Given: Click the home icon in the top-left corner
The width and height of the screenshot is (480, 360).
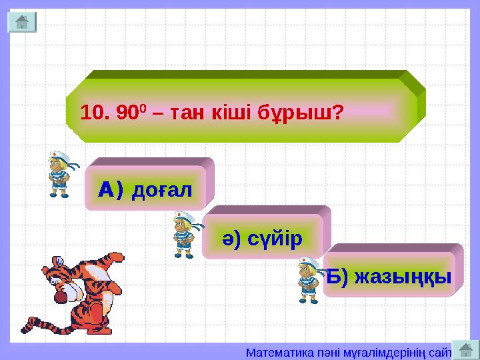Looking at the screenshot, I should (x=21, y=22).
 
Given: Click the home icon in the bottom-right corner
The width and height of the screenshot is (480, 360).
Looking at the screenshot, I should (x=465, y=349).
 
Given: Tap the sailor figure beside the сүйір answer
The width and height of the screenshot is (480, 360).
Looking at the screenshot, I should (x=183, y=234).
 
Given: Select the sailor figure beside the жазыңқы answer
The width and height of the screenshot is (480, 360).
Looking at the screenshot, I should (x=308, y=281).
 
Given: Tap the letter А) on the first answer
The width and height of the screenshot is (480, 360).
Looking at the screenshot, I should (x=111, y=191).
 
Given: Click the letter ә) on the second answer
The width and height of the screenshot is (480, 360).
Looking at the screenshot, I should (x=231, y=238).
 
